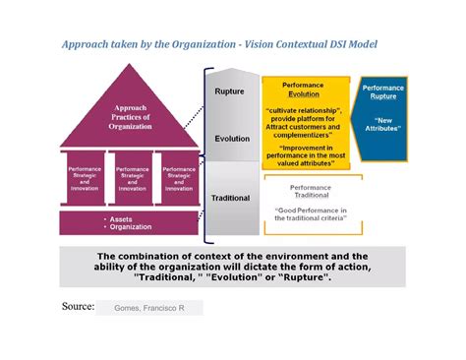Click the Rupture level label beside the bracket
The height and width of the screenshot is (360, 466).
[229, 91]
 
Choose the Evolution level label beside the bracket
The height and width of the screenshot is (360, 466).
[232, 139]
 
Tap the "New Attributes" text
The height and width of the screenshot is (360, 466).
[383, 125]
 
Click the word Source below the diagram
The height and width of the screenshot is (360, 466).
[78, 306]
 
